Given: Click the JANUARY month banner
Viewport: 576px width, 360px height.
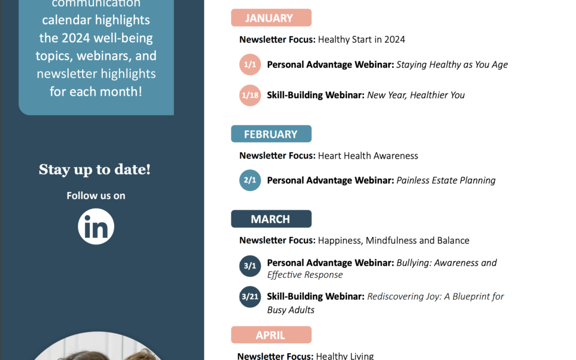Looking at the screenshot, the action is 271,18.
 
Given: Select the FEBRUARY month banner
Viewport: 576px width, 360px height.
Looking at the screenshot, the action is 271,134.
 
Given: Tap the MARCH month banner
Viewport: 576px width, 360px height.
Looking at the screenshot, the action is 271,219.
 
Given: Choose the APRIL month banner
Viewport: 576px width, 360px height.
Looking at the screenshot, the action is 271,335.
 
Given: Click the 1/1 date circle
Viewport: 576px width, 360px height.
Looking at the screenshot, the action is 250,65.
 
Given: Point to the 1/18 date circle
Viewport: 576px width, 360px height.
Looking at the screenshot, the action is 250,95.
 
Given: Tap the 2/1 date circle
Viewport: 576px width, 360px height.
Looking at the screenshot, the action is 250,180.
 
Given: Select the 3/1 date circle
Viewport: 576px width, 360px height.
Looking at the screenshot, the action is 250,266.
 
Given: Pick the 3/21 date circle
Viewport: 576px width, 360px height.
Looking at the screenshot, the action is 250,297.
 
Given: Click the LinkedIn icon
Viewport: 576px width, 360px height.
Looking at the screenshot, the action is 96,226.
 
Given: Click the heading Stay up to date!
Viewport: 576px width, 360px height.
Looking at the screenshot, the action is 95,170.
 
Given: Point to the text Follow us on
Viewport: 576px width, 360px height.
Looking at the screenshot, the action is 96,195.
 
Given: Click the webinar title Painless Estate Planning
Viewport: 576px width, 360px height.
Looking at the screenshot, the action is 446,180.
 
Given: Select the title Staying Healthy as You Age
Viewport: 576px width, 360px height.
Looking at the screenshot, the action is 452,65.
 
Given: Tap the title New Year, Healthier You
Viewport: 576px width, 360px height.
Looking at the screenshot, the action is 416,95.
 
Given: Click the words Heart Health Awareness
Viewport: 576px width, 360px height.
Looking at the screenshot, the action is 368,156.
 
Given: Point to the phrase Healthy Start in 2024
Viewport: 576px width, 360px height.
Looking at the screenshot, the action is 362,39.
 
